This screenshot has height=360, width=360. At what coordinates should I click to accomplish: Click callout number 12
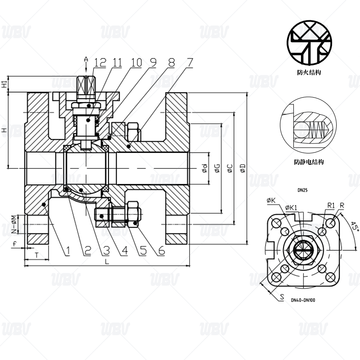click(100, 63)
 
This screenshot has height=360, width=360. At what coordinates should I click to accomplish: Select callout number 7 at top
click(189, 63)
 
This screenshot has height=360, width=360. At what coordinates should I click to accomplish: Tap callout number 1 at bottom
click(68, 251)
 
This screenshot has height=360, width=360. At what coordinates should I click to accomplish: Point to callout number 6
click(162, 251)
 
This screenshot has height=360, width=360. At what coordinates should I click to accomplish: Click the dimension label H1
click(4, 84)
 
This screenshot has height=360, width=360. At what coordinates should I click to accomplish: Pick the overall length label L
click(107, 261)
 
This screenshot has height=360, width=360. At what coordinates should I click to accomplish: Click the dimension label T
click(37, 255)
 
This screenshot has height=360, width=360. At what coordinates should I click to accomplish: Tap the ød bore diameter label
click(205, 168)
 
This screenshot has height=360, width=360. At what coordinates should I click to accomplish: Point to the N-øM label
click(14, 224)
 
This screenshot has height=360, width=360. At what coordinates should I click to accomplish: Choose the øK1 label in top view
click(291, 207)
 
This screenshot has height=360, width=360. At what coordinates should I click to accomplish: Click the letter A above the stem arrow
click(86, 59)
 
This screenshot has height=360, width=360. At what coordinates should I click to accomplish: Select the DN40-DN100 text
click(303, 300)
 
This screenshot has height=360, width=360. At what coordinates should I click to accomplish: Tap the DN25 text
click(302, 190)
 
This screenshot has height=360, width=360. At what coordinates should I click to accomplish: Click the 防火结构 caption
click(309, 72)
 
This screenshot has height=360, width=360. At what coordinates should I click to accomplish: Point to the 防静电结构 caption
click(309, 162)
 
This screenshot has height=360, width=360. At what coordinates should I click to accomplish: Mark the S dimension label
click(282, 297)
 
